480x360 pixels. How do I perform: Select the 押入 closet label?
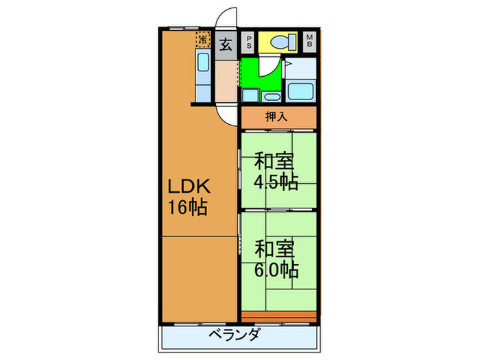click(x=278, y=117)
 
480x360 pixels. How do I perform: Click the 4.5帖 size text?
click(x=276, y=182)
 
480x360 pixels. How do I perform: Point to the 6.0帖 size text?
click(x=276, y=268)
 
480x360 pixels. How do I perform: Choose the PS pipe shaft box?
click(x=248, y=42)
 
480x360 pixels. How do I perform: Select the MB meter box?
click(x=310, y=42)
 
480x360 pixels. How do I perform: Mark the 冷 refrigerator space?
click(x=203, y=38)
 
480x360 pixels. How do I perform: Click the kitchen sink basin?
click(x=203, y=63)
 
